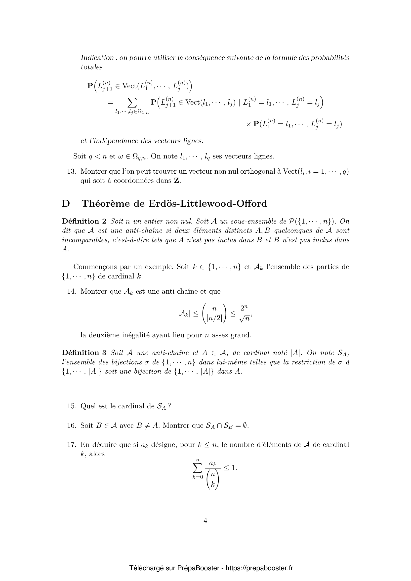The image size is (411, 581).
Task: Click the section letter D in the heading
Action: click(66, 203)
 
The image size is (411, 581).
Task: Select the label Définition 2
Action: click(84, 221)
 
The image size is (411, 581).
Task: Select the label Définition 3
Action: click(84, 352)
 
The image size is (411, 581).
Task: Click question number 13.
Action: click(72, 171)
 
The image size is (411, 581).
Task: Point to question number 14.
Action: click(72, 291)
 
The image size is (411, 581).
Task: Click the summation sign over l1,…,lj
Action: click(131, 103)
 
